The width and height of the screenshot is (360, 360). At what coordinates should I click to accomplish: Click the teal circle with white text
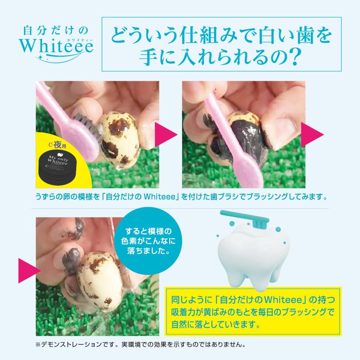[x=146, y=242]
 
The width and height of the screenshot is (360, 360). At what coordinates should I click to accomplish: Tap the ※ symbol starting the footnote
[x=38, y=344]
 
